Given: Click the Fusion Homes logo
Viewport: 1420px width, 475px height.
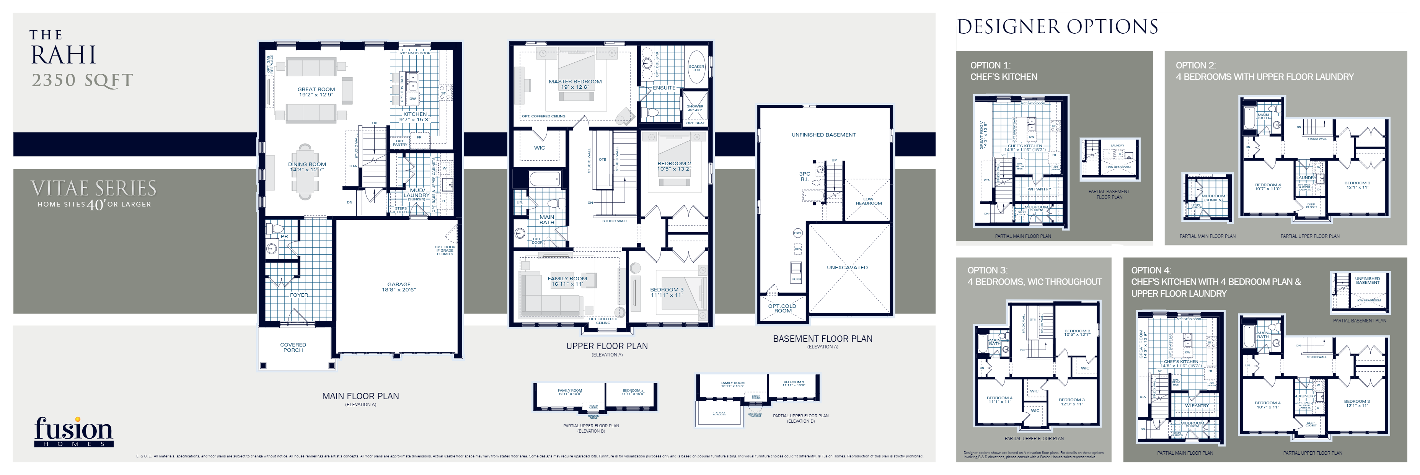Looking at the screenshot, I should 73,431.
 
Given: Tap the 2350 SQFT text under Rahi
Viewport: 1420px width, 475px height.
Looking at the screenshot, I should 82,80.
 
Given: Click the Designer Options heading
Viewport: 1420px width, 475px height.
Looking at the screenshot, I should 1057,26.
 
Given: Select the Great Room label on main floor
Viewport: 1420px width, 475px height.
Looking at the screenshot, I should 316,91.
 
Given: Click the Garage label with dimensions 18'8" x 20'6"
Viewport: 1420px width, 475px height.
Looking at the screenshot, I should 399,286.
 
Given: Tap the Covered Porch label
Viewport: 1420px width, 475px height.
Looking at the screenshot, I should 293,347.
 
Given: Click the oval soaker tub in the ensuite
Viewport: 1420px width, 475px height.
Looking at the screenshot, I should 696,67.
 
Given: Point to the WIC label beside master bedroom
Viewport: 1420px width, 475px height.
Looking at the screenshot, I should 539,148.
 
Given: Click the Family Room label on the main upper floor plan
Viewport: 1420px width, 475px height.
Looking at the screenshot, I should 567,280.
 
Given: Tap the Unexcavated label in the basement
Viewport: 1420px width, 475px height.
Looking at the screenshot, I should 847,267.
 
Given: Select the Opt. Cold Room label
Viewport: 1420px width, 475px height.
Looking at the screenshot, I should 782,308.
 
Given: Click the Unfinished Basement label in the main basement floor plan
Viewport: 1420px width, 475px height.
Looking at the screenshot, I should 823,135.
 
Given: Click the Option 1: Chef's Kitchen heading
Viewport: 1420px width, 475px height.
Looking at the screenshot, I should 1003,71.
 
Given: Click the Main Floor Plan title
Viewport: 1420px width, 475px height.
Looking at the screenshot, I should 360,396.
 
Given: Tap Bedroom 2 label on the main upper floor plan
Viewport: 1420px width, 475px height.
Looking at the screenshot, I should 673,166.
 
